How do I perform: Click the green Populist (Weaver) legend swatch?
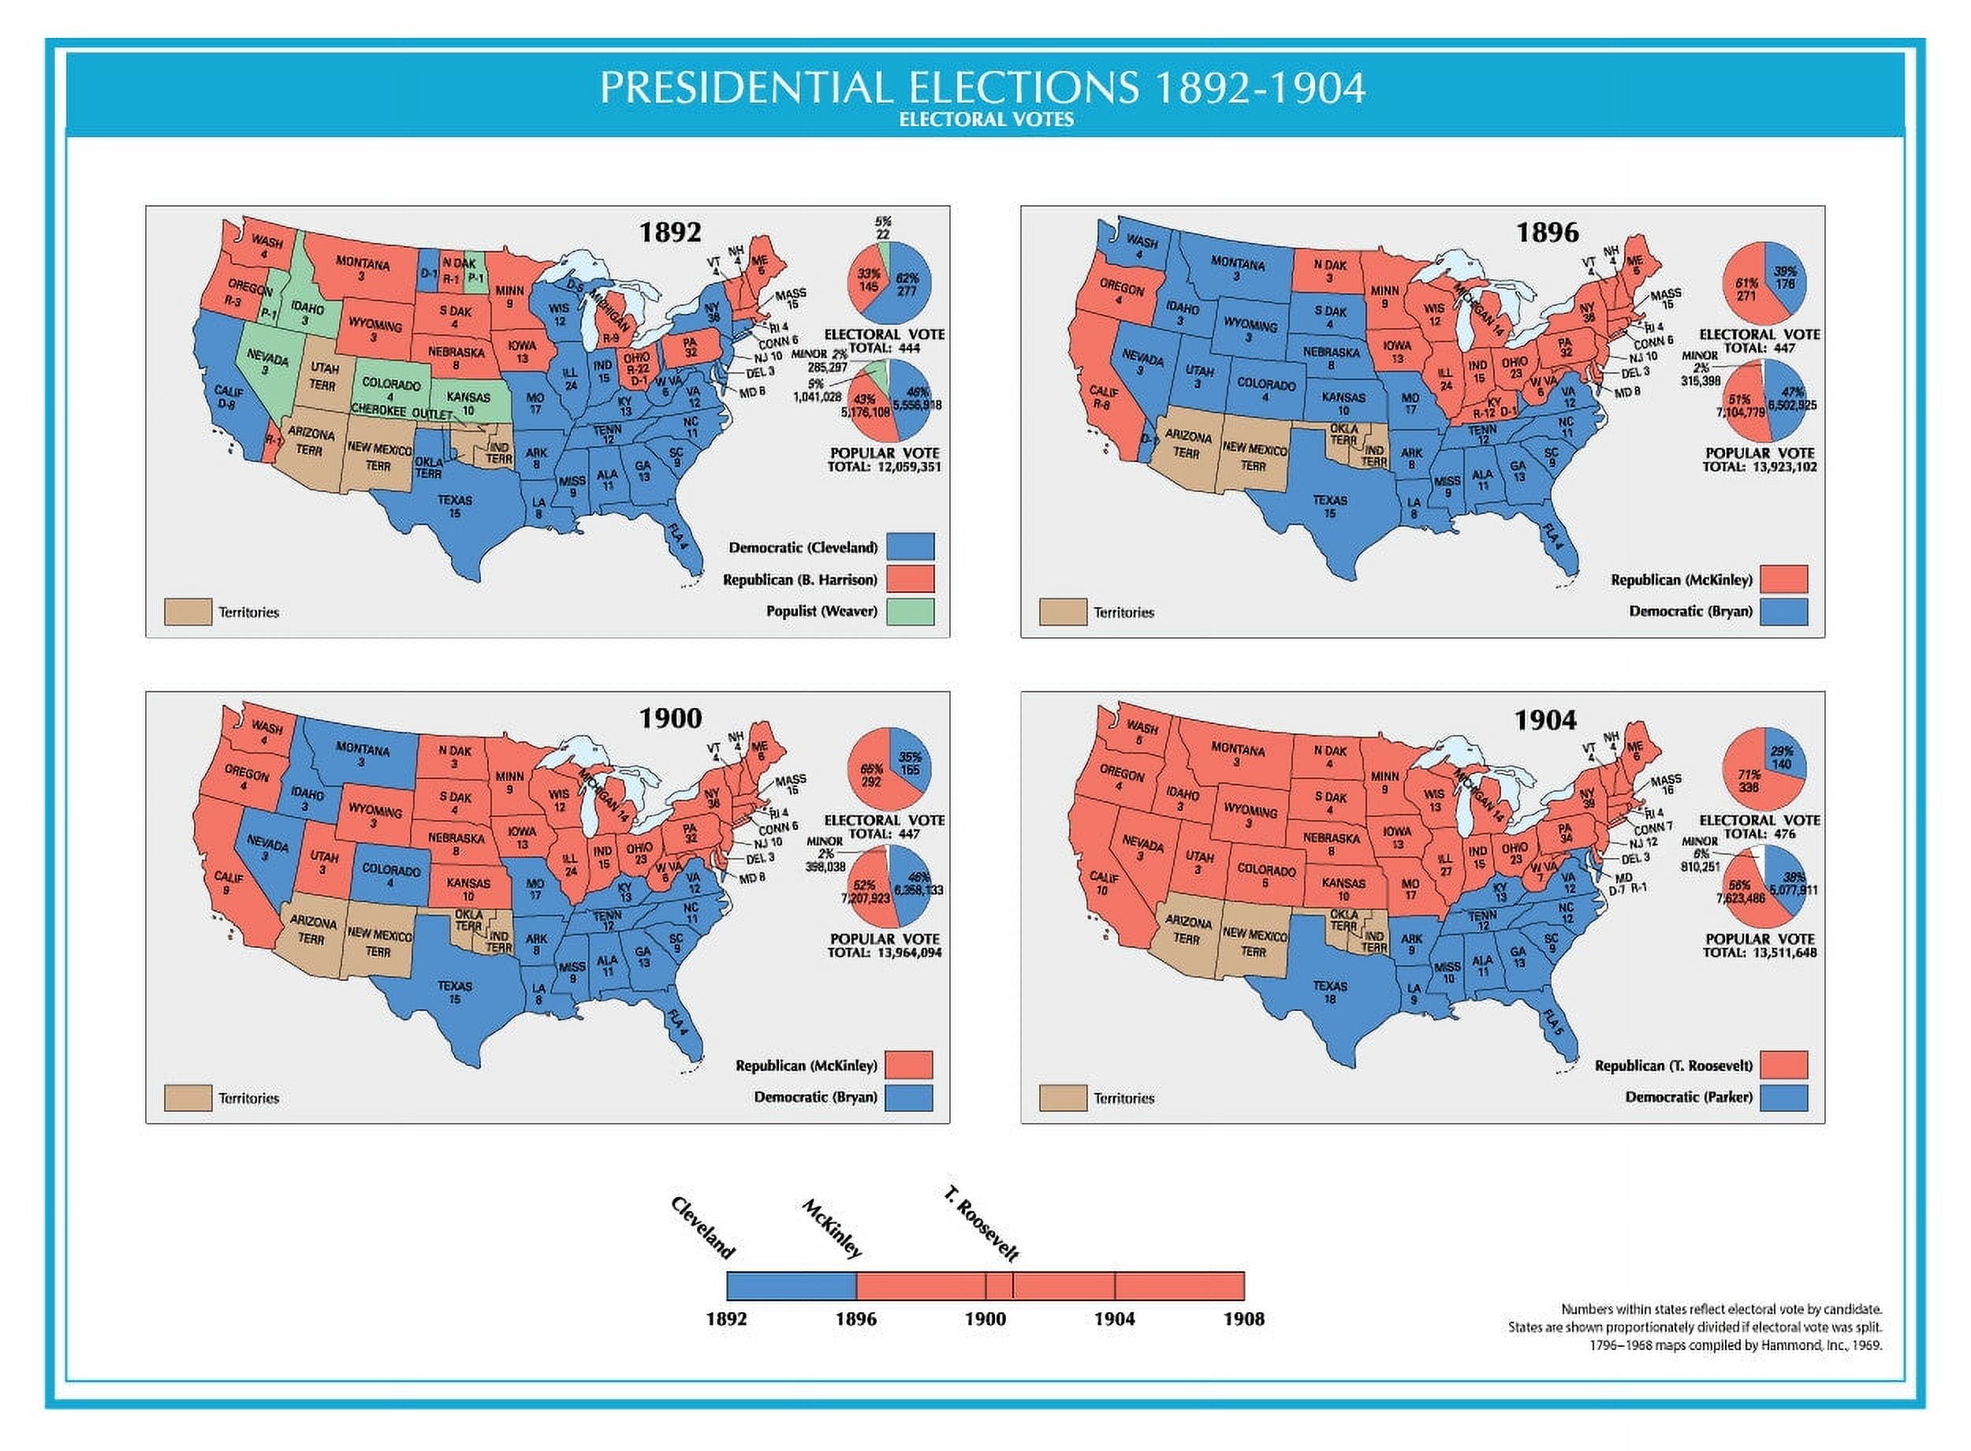point(910,611)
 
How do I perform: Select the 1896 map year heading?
point(1546,233)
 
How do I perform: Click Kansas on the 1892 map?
point(468,403)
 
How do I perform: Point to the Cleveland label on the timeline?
point(702,1227)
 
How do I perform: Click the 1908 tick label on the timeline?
point(1243,1319)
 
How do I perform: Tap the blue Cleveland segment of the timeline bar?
point(790,1286)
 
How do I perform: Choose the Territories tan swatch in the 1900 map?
point(188,1098)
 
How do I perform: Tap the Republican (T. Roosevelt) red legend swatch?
point(1784,1065)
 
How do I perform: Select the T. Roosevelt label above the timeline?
point(981,1224)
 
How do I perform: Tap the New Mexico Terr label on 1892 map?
point(378,456)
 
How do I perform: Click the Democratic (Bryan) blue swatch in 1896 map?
point(1784,611)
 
